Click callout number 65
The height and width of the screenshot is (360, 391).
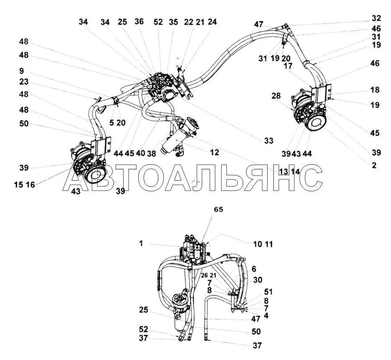point(219,210)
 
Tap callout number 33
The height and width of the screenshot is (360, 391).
point(269,141)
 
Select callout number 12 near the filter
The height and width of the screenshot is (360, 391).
point(214,152)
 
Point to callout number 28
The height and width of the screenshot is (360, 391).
point(276,96)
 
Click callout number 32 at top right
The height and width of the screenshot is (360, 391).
point(376,18)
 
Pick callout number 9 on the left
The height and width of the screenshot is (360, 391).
point(21,71)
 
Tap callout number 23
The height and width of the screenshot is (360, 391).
point(24,82)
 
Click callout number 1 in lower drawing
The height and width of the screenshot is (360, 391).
point(141,243)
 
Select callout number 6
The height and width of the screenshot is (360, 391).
point(254,269)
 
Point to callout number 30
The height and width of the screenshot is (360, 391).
point(257,280)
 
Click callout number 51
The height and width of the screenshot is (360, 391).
point(268,291)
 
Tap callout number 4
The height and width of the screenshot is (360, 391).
point(266,316)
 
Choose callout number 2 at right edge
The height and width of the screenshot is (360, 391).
point(374,165)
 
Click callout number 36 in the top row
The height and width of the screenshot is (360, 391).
point(139,21)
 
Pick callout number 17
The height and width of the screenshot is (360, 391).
point(288,66)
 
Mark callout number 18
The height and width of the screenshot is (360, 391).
point(375,90)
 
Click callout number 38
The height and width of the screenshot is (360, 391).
point(152,153)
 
